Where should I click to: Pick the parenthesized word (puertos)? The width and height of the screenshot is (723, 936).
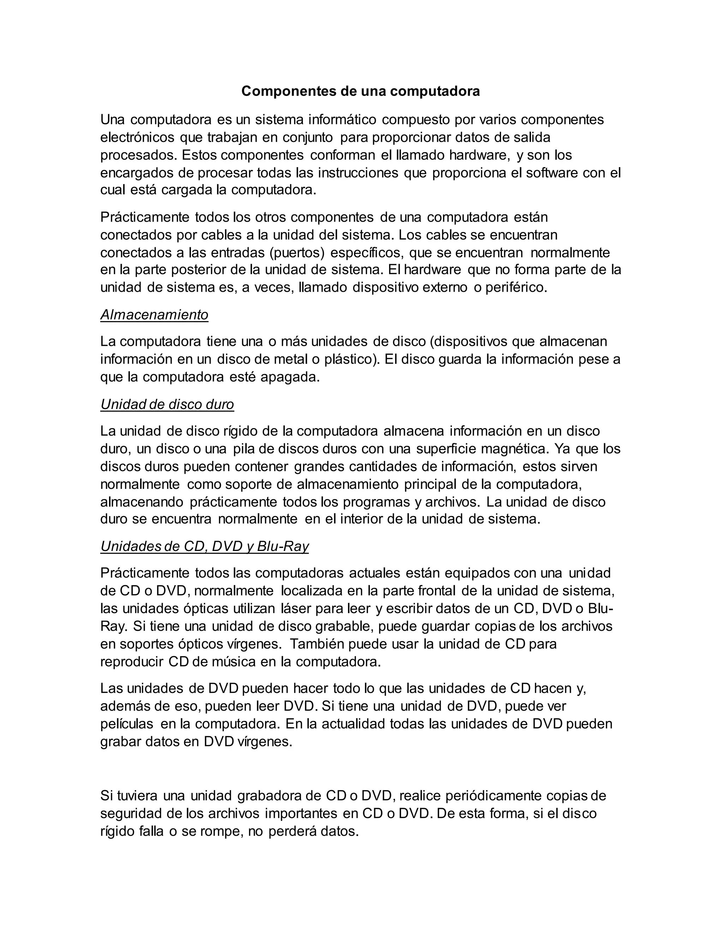coord(297,253)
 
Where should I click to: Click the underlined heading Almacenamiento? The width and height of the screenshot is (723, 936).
coord(154,315)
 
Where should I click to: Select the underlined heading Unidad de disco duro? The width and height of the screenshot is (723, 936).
coord(167,404)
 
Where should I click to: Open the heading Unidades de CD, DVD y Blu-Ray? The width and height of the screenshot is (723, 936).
coord(204,546)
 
